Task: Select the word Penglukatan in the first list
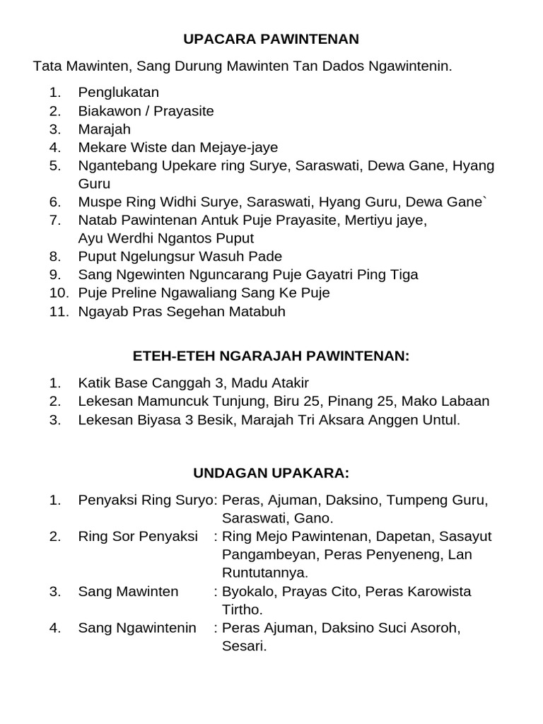(x=118, y=93)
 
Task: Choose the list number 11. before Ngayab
(x=59, y=311)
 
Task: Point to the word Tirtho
(x=243, y=609)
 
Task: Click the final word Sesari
(x=244, y=646)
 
